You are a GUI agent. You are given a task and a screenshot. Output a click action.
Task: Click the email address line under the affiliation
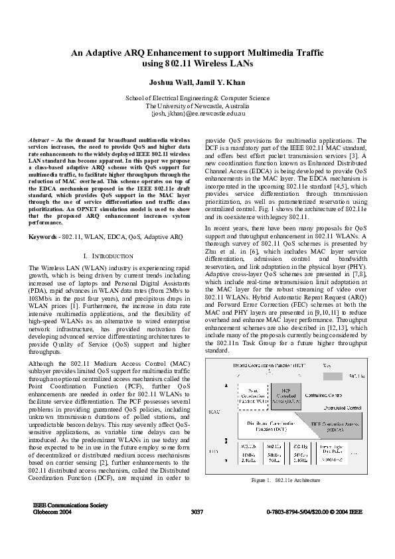(x=197, y=114)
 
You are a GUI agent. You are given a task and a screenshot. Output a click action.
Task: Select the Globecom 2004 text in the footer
(x=52, y=513)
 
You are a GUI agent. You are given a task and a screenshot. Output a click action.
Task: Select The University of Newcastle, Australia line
(x=197, y=106)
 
